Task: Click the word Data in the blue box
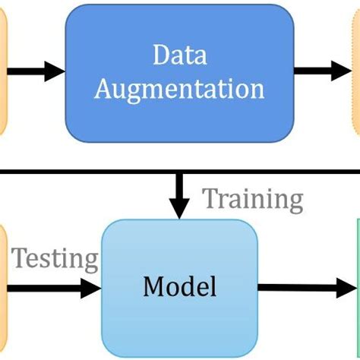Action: [x=180, y=56]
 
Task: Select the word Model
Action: [x=180, y=287]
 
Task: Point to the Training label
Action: [x=252, y=200]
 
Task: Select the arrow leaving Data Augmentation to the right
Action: [x=322, y=71]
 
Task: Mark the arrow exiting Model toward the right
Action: [x=308, y=287]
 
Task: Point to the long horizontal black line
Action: [x=91, y=172]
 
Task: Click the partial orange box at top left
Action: [x=2, y=71]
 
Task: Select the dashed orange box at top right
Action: [x=355, y=71]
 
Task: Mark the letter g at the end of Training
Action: [x=295, y=202]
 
